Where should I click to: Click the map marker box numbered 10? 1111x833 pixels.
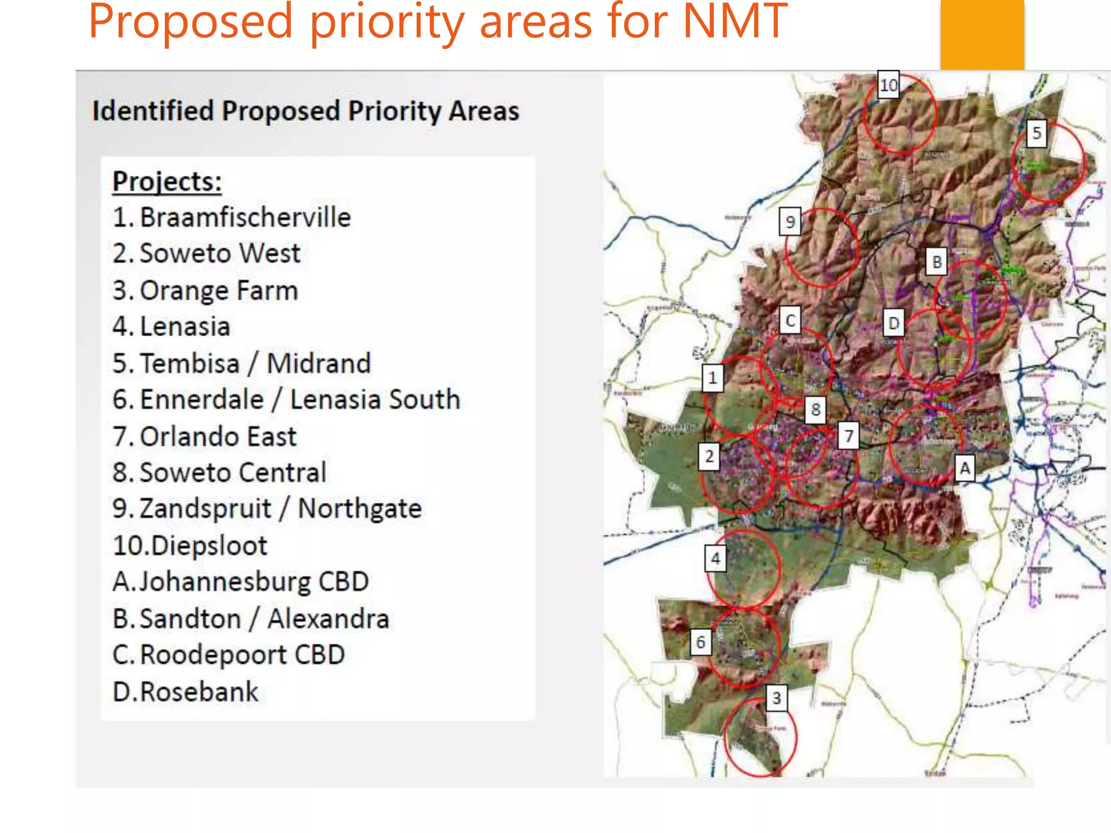pos(889,85)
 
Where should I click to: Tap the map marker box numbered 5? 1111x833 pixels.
pos(1037,133)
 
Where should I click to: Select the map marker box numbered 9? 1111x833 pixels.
pos(790,222)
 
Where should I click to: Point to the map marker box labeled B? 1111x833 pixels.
pos(937,262)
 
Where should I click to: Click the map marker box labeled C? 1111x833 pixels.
pos(790,321)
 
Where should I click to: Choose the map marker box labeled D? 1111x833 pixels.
pos(893,323)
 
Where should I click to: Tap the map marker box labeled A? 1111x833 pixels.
pos(965,467)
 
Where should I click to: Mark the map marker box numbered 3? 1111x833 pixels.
pos(776,698)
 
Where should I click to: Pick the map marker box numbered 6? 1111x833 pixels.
pos(700,642)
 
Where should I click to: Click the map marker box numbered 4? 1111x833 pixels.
pos(716,558)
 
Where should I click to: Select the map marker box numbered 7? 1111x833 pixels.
pos(849,435)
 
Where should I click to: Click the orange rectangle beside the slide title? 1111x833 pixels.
pos(982,35)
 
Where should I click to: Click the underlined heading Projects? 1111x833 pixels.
pos(167,182)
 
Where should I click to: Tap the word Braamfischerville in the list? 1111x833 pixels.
pos(245,217)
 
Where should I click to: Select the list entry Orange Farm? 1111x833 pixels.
pos(219,291)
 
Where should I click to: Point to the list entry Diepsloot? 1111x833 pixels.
pos(209,546)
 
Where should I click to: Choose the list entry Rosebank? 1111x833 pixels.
pos(199,692)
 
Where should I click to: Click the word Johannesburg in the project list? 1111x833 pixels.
pos(225,582)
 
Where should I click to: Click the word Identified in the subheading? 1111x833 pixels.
pos(153,111)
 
